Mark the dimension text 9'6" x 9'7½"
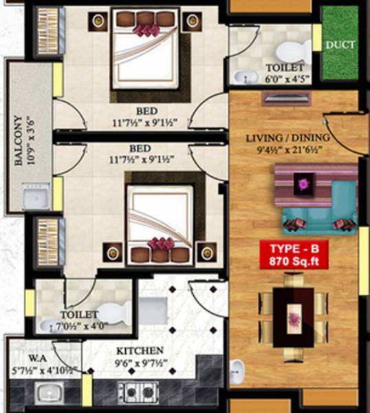click(140, 363)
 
